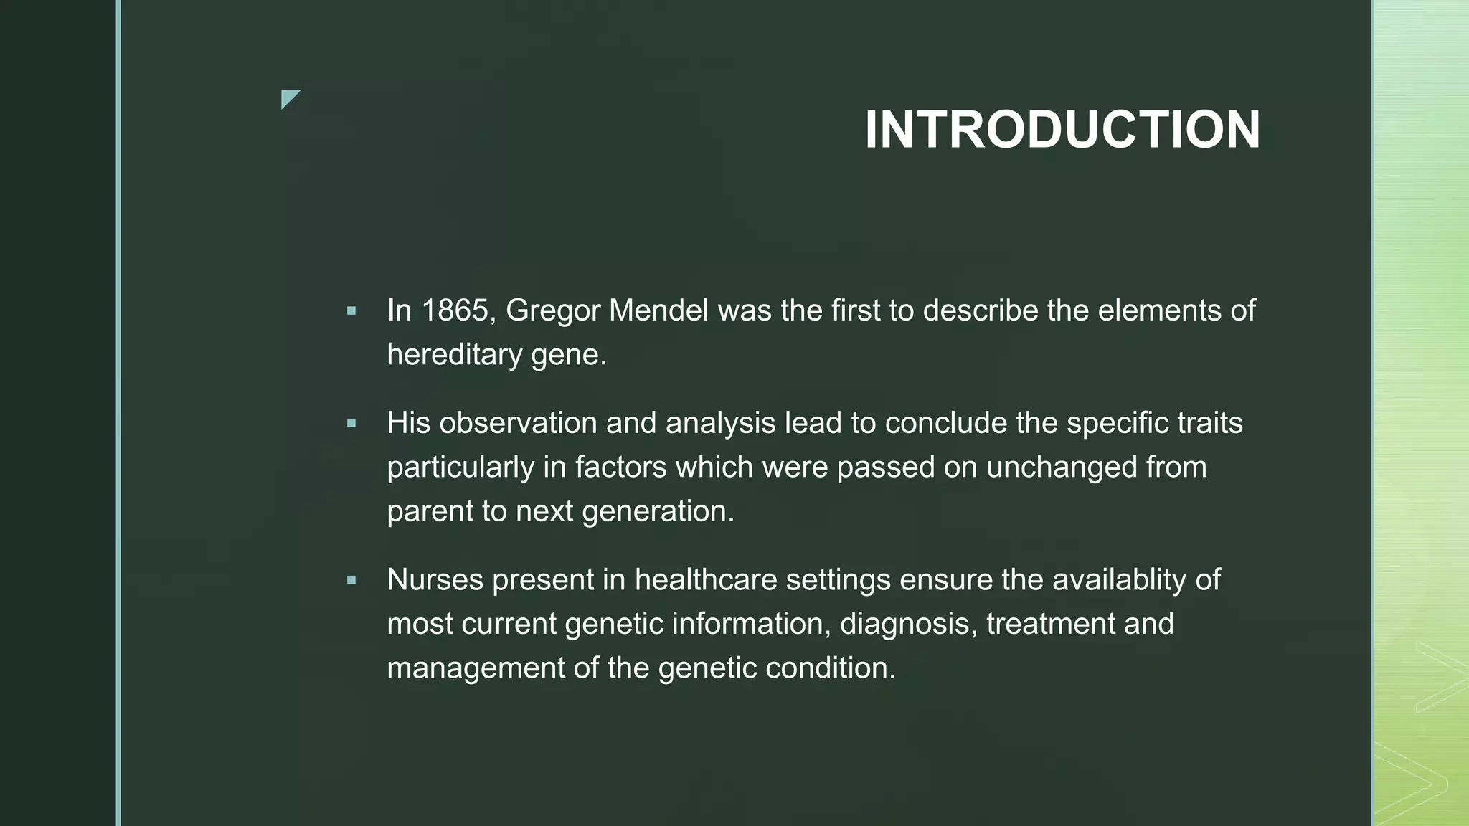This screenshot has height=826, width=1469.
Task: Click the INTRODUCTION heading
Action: (x=1062, y=130)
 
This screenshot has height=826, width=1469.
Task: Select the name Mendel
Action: (x=658, y=311)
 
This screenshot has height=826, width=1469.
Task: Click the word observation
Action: (x=518, y=423)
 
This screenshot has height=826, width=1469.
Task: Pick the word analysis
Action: (x=720, y=424)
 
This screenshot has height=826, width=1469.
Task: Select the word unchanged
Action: (x=1062, y=467)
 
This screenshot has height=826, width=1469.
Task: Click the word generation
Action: (x=658, y=512)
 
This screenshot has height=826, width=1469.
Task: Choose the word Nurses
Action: (x=435, y=580)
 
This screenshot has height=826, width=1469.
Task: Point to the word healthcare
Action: (x=706, y=580)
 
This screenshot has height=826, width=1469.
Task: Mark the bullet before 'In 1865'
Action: (x=351, y=311)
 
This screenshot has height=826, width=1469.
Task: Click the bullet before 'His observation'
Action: (x=351, y=424)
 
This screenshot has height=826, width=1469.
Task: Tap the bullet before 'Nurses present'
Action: (x=351, y=580)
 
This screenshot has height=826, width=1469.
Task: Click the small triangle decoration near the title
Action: (x=288, y=98)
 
